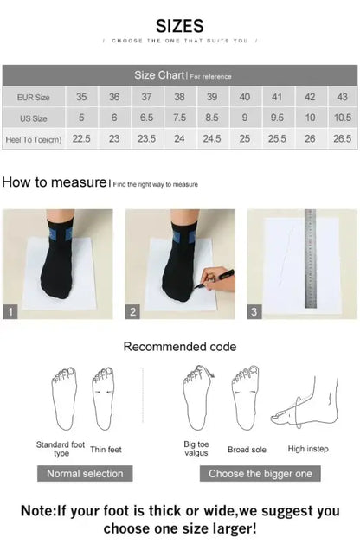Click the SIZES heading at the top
[x=180, y=26]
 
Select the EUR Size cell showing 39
[x=212, y=98]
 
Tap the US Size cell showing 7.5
[x=179, y=118]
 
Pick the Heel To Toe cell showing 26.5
[x=343, y=138]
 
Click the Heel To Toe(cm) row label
[x=34, y=138]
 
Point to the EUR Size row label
[x=34, y=98]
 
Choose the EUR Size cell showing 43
[x=343, y=98]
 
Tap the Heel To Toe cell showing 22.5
[x=81, y=138]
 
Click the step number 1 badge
[x=10, y=312]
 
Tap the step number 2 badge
[x=133, y=312]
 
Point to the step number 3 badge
[x=254, y=312]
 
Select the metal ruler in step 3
[x=311, y=259]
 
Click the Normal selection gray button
[x=85, y=473]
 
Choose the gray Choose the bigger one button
[x=260, y=473]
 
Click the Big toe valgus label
[x=196, y=449]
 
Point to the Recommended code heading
[x=179, y=347]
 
